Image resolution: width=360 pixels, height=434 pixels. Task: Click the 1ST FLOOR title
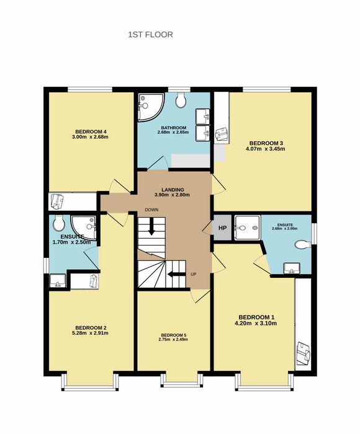tap(150, 35)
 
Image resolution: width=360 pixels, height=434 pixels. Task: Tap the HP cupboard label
tap(223, 228)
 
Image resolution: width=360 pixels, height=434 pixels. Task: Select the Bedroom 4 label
tap(91, 131)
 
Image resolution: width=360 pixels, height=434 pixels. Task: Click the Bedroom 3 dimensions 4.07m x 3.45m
tap(265, 149)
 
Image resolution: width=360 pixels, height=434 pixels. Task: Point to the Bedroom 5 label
tap(174, 335)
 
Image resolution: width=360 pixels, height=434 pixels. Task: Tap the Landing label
tap(173, 190)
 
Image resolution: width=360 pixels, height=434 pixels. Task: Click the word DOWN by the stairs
tap(151, 210)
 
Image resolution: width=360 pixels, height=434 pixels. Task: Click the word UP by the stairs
tap(194, 274)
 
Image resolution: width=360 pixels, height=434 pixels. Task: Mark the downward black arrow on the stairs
tap(151, 226)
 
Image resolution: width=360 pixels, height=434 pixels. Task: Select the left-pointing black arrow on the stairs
tap(176, 274)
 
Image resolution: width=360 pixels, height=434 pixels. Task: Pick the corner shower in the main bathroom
tap(150, 107)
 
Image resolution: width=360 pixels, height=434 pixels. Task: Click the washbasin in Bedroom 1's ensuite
tap(292, 268)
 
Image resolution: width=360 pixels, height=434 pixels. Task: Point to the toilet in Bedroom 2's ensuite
tap(59, 223)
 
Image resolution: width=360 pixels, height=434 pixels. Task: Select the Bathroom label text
tap(174, 128)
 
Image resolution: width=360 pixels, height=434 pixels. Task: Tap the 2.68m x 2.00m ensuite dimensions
tap(285, 229)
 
